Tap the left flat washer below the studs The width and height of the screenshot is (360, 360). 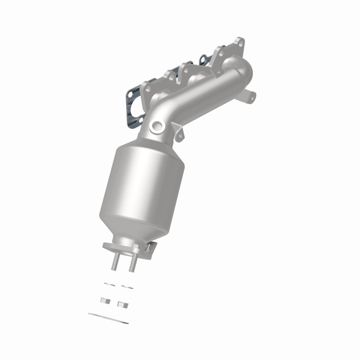click(108, 284)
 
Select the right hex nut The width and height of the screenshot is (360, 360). click(121, 304)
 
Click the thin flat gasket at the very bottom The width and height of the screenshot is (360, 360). click(108, 318)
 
